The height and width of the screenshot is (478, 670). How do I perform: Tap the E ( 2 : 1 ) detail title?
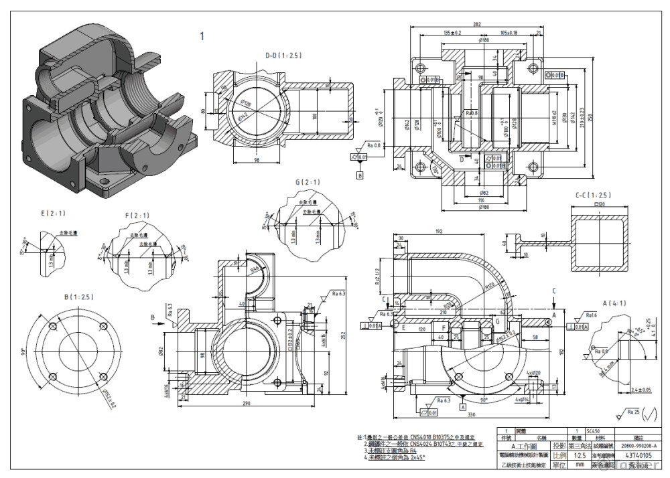[x=52, y=214]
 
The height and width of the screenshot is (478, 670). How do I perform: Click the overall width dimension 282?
[x=477, y=24]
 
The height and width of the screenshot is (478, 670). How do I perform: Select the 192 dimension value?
[x=457, y=231]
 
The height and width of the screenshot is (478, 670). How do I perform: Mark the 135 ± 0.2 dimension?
[x=453, y=33]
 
